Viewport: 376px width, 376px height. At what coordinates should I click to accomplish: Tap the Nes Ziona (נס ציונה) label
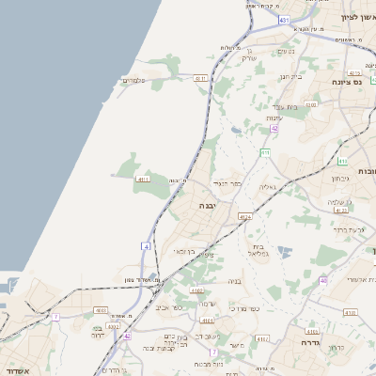[349, 82]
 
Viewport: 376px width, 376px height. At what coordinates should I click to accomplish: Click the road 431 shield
[285, 18]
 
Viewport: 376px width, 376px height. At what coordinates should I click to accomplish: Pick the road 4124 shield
[244, 216]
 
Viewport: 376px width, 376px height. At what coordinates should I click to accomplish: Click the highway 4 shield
[146, 245]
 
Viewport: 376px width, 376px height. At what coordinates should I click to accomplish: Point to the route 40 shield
[323, 279]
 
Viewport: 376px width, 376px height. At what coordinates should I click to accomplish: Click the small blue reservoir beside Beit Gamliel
[283, 251]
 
